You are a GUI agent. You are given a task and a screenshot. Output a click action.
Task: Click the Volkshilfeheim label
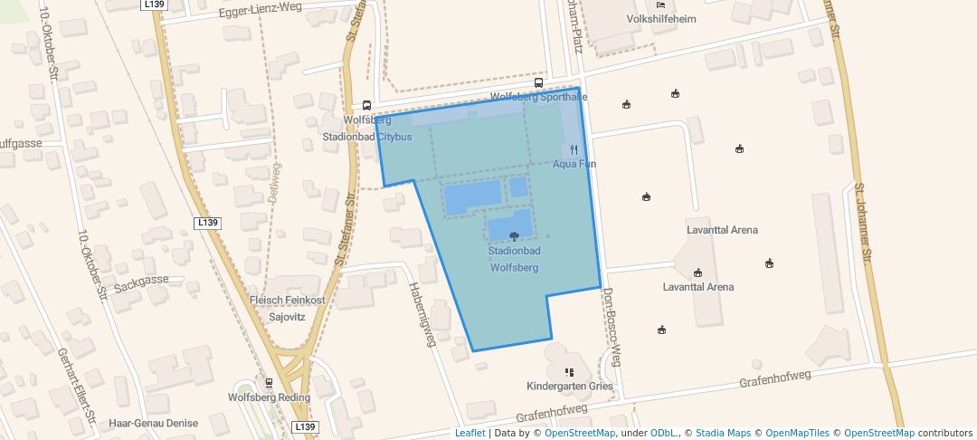tap(661, 18)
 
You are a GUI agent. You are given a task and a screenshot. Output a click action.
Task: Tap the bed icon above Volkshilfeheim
tap(660, 5)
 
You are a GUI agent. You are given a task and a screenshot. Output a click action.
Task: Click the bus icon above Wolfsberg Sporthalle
tap(539, 83)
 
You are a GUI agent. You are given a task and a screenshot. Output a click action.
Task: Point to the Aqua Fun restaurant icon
tap(574, 150)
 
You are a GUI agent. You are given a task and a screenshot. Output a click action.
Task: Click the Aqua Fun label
tap(574, 164)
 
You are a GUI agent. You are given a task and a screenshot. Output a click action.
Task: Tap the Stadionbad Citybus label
tap(367, 137)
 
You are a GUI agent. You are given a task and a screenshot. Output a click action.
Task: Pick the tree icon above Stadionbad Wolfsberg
tap(514, 236)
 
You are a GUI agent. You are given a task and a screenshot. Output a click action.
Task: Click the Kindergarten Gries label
tap(569, 387)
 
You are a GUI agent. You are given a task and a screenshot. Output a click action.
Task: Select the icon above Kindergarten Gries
tap(569, 372)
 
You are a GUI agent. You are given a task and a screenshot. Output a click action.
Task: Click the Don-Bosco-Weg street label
tap(612, 326)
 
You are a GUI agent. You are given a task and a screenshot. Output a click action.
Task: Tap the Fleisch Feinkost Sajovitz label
tap(287, 309)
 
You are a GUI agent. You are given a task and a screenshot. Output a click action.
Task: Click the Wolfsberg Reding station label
tap(269, 397)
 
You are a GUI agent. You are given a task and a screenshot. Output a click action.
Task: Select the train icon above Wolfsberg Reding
tap(269, 383)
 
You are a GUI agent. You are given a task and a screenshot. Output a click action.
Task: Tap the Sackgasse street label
tap(141, 280)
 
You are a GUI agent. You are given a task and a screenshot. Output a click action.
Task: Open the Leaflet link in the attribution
tap(470, 433)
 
